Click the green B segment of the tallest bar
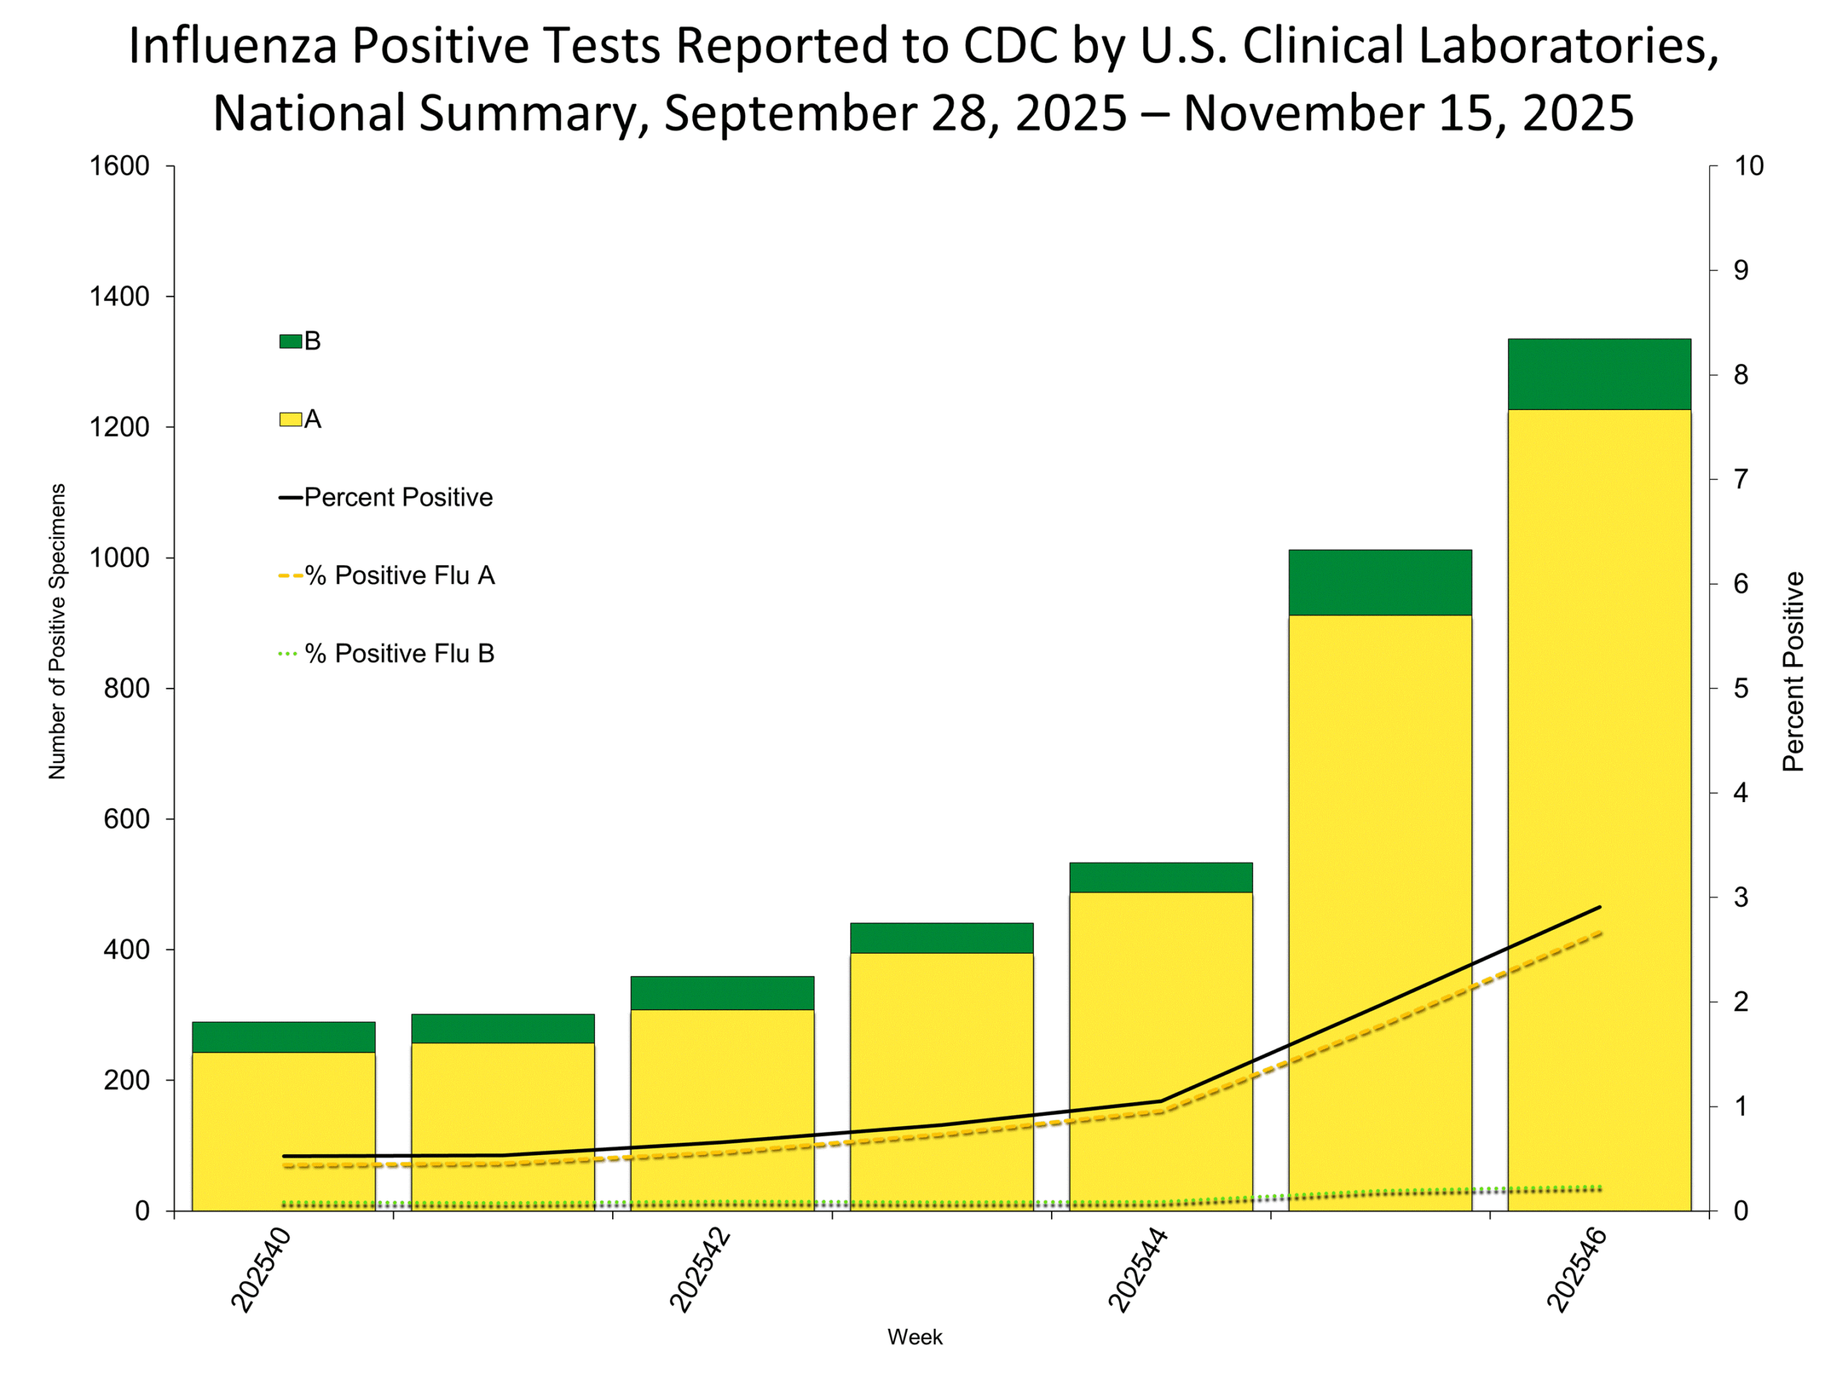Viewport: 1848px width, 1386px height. coord(1598,374)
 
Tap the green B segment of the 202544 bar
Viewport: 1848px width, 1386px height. coord(1161,877)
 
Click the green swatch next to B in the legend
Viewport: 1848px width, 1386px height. coord(290,341)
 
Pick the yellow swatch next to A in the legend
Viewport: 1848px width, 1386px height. coord(290,419)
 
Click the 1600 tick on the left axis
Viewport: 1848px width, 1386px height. coord(119,166)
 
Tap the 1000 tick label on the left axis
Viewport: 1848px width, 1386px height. coord(119,558)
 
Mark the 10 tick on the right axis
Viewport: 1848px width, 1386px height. coord(1748,166)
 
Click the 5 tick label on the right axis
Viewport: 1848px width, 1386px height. coord(1740,689)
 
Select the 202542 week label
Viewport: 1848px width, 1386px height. coord(700,1269)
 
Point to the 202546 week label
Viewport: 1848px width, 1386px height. coord(1577,1269)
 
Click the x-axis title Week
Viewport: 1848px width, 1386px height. coord(915,1337)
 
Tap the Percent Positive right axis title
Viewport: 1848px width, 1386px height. coord(1793,671)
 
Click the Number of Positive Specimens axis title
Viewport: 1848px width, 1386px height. coord(57,632)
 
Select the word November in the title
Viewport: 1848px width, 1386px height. coord(1286,113)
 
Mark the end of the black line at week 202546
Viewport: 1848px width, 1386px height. coord(1599,907)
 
